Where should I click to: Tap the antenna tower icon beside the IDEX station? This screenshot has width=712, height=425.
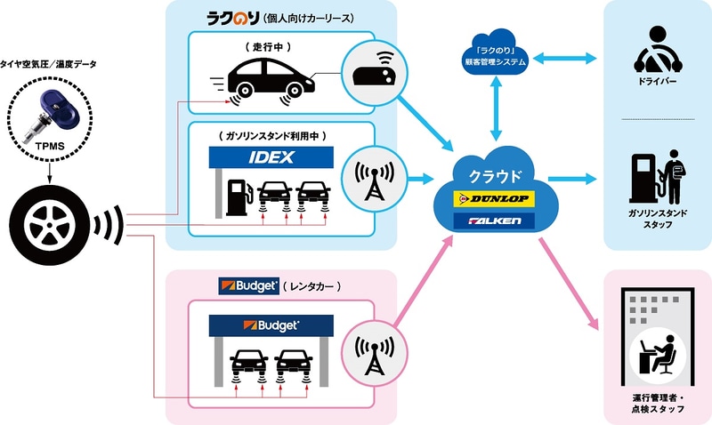[x=368, y=179]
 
